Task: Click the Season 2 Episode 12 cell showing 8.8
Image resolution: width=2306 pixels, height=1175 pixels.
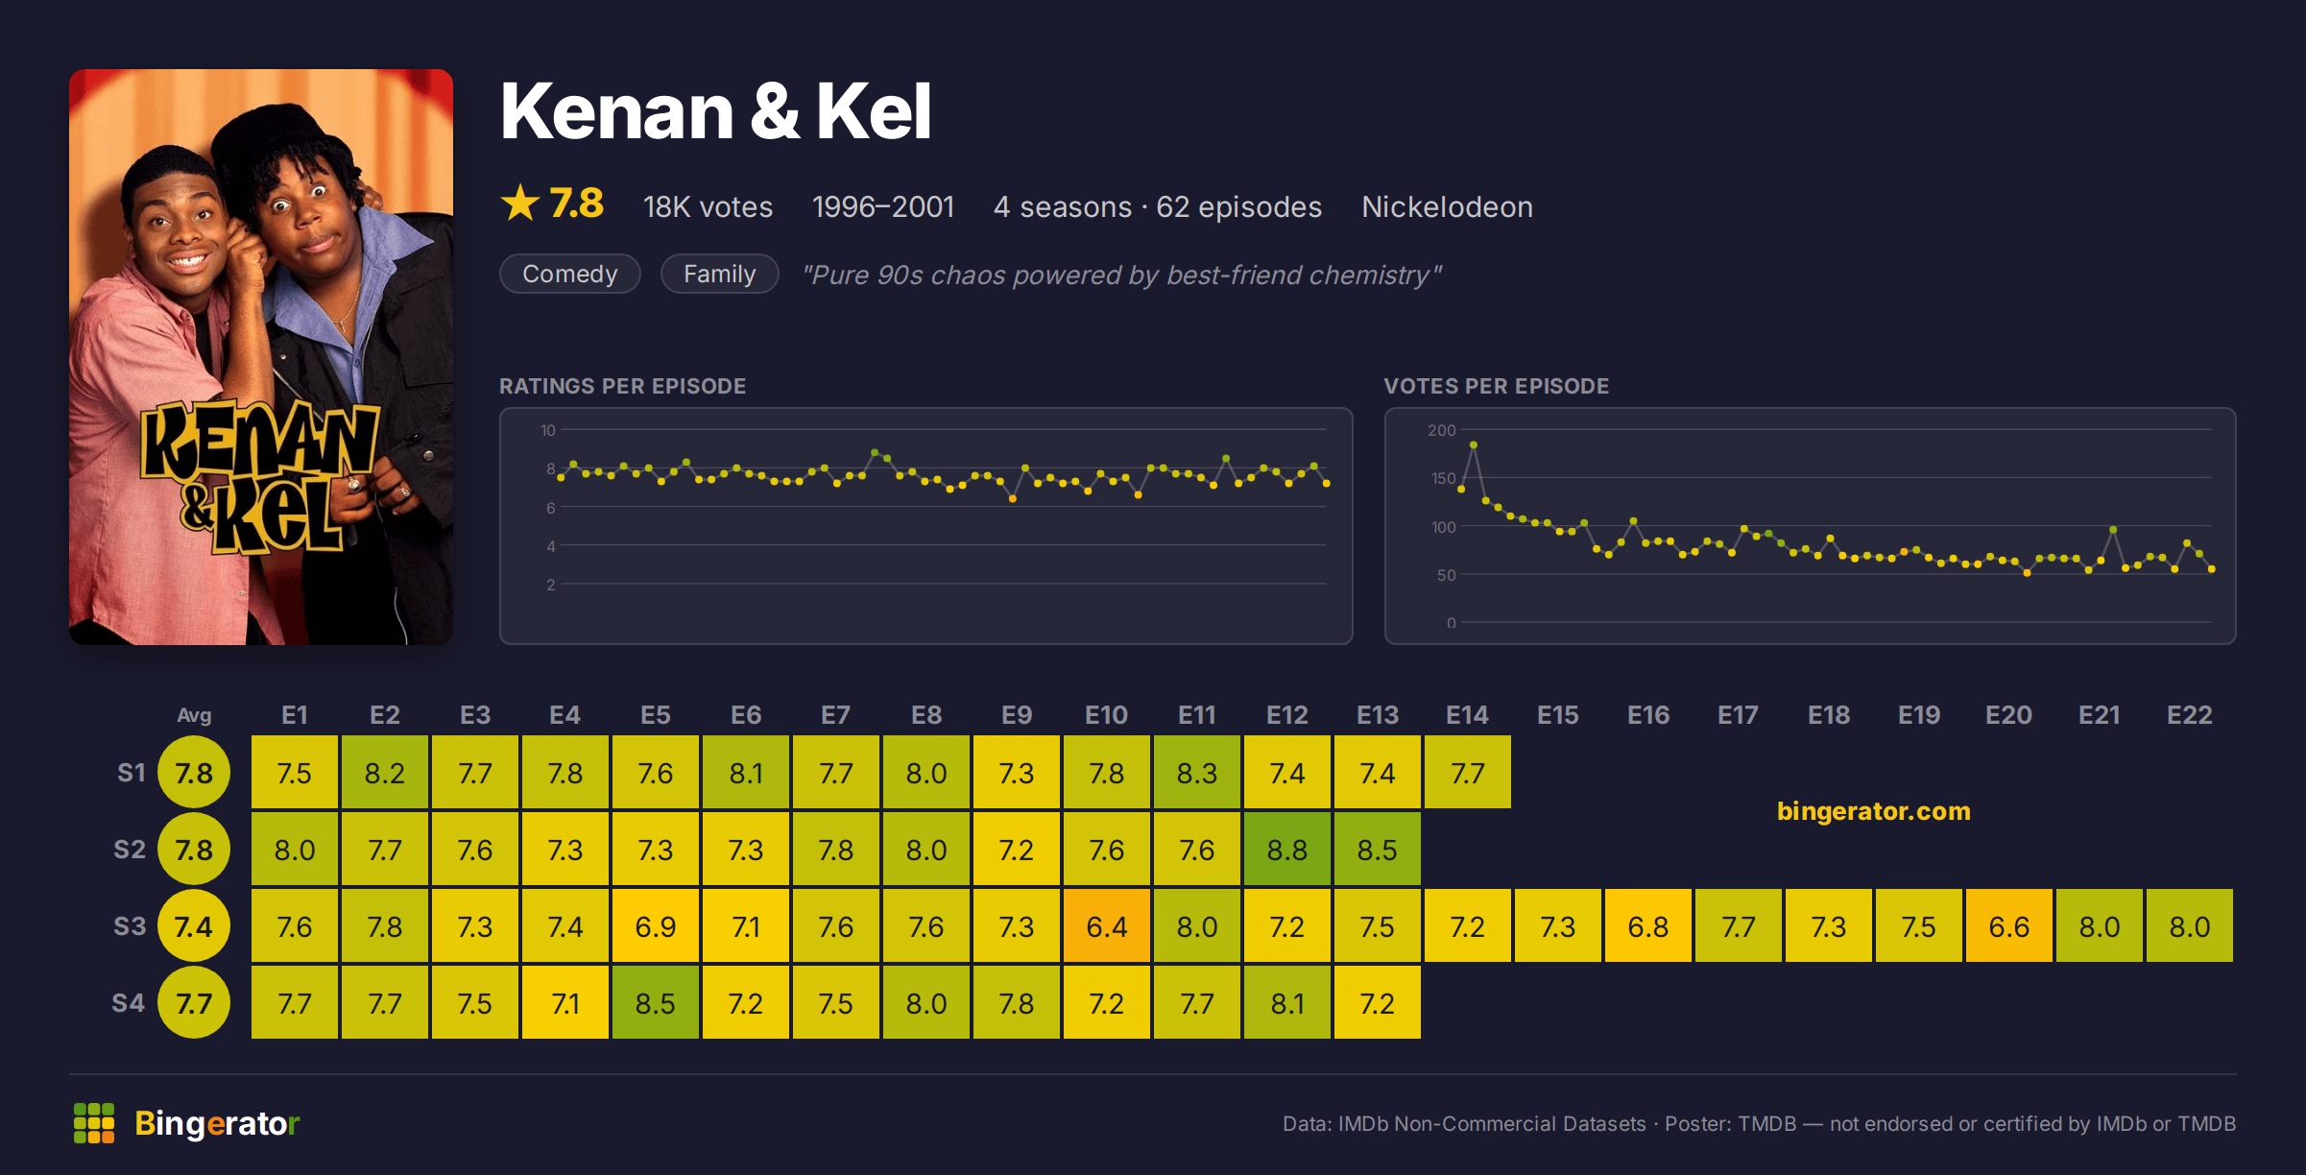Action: (x=1286, y=849)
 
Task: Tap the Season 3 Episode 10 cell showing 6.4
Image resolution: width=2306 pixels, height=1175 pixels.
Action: (x=1106, y=925)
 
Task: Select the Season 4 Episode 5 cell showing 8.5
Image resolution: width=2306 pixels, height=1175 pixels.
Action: (x=655, y=1002)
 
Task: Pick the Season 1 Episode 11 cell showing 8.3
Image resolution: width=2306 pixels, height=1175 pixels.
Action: (x=1196, y=772)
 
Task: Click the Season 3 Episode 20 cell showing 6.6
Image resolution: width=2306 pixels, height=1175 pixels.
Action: (x=2008, y=925)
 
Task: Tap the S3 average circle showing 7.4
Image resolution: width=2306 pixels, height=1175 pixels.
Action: (x=194, y=925)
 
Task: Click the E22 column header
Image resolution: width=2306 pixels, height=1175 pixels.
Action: (x=2189, y=715)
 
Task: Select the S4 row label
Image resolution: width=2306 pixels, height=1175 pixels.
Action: (x=129, y=1003)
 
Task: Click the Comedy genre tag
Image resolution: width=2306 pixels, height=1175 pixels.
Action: (x=570, y=274)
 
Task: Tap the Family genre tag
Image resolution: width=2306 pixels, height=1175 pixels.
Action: (x=720, y=274)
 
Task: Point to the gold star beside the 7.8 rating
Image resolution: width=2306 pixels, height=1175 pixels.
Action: (x=520, y=203)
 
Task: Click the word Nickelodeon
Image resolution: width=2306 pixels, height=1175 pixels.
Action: (x=1447, y=206)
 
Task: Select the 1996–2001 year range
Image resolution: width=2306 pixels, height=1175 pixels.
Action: (x=883, y=206)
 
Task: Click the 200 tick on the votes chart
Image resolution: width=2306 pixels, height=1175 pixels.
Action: (x=1442, y=430)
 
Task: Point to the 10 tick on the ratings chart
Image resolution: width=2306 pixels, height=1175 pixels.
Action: (x=547, y=430)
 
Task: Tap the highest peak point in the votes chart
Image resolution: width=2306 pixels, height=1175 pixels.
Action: (x=1474, y=444)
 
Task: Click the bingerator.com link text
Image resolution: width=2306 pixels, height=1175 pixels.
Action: (x=1873, y=811)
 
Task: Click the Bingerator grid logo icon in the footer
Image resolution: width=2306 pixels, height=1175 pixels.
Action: (x=94, y=1123)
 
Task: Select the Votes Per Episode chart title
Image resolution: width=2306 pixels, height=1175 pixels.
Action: (x=1496, y=386)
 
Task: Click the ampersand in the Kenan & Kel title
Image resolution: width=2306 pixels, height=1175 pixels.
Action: (x=775, y=112)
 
